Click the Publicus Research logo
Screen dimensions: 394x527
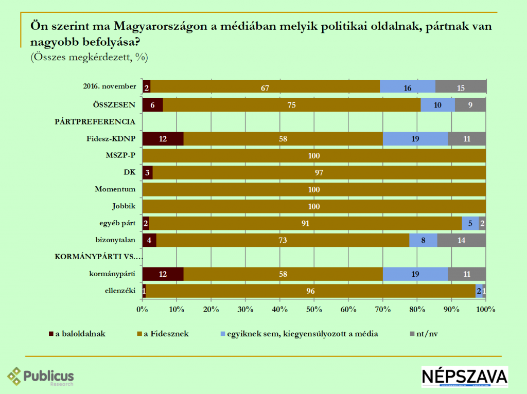pyautogui.click(x=41, y=377)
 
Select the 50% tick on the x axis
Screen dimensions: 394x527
pyautogui.click(x=314, y=310)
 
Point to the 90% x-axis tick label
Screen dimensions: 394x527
pyautogui.click(x=451, y=310)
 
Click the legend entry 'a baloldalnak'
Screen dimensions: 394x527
pyautogui.click(x=77, y=333)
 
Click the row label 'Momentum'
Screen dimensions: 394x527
pyautogui.click(x=115, y=189)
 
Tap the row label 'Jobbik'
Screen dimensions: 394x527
pyautogui.click(x=124, y=206)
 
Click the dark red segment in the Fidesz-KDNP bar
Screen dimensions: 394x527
pyautogui.click(x=163, y=139)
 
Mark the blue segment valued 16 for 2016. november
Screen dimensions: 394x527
pyautogui.click(x=408, y=88)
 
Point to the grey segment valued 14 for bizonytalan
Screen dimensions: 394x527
pyautogui.click(x=461, y=240)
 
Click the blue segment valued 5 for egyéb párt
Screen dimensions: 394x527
pyautogui.click(x=470, y=223)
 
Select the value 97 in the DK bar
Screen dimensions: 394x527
pyautogui.click(x=320, y=173)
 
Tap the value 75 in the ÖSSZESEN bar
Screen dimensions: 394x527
pyautogui.click(x=291, y=105)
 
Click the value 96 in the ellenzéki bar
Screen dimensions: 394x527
pyautogui.click(x=311, y=291)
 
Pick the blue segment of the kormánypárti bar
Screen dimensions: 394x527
pyautogui.click(x=415, y=274)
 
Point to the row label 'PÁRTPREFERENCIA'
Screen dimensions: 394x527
pyautogui.click(x=95, y=122)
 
